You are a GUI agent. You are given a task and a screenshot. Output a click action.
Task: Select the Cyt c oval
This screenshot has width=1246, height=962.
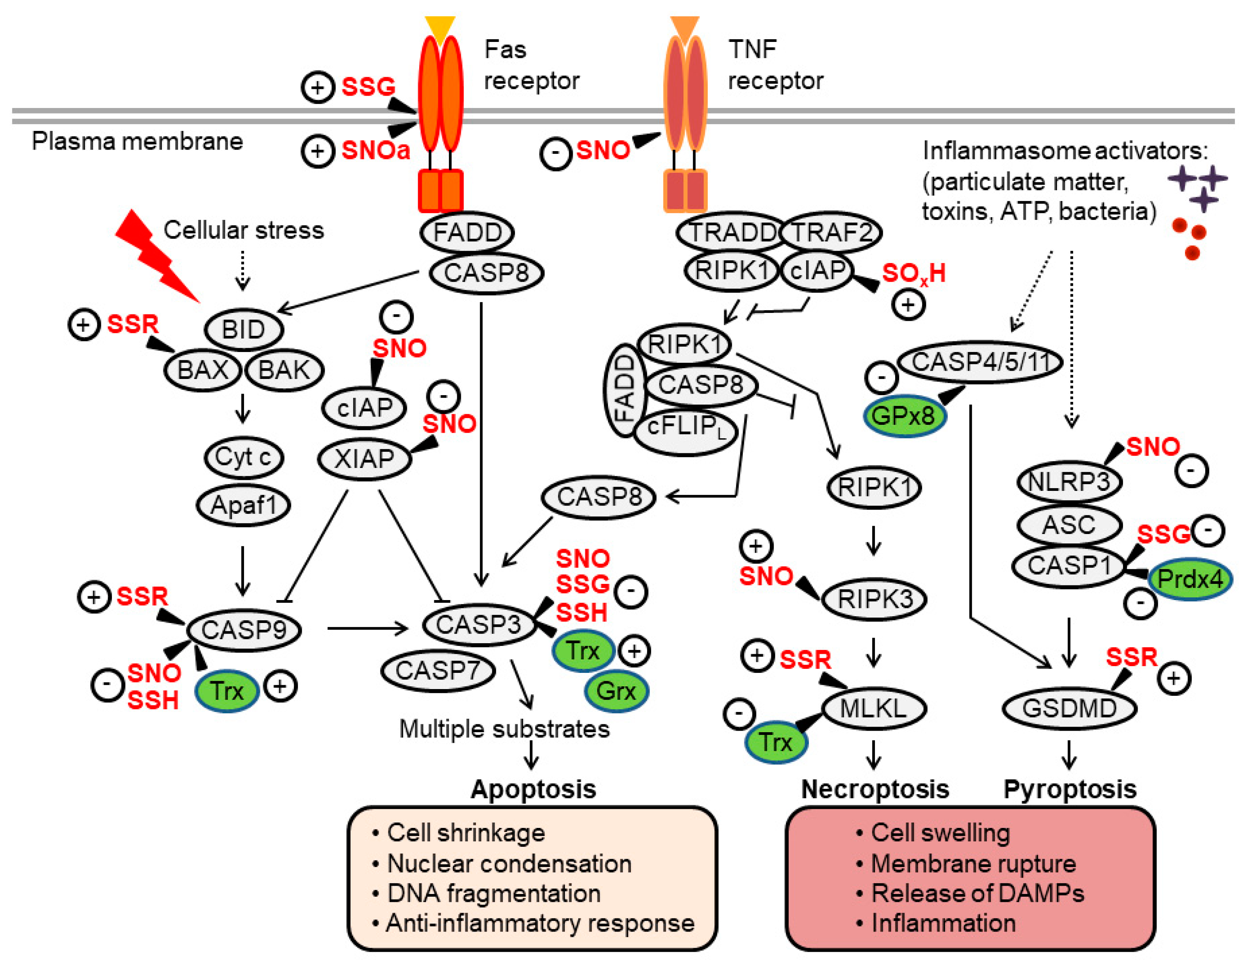[x=244, y=457]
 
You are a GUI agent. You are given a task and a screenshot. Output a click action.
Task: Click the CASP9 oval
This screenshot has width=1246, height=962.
[x=244, y=630]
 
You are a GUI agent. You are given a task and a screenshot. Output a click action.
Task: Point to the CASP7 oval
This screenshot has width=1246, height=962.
[x=437, y=670]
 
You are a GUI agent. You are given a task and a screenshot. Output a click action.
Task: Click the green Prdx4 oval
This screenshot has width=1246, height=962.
[x=1189, y=579]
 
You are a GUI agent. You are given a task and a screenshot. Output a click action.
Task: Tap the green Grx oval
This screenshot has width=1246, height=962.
[x=616, y=691]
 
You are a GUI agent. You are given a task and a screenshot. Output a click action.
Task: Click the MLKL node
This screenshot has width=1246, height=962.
[x=873, y=709]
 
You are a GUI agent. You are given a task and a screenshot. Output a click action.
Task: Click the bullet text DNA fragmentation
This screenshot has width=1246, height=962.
[x=494, y=894]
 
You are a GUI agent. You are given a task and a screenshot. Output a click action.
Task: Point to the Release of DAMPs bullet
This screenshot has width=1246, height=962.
[x=977, y=894]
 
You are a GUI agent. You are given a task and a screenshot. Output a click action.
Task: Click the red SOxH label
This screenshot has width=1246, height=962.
[x=913, y=274]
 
